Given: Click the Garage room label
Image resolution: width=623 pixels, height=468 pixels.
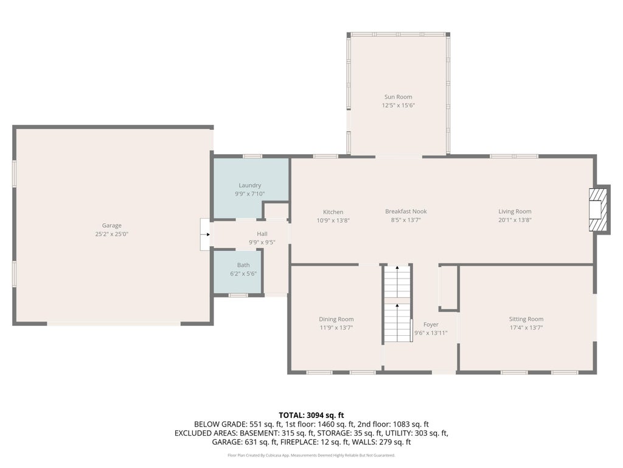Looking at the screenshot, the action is [112, 225].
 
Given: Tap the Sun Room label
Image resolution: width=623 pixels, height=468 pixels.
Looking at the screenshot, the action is [398, 97].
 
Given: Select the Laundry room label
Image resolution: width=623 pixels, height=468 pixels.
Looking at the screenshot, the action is [250, 185].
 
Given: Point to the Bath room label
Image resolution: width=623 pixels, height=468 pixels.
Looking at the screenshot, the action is [243, 265].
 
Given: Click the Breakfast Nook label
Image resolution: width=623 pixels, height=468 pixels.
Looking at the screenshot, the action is [406, 211].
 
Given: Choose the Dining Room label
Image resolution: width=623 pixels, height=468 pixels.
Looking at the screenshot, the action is [336, 319].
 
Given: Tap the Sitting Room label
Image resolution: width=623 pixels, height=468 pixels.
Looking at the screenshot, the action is [526, 319].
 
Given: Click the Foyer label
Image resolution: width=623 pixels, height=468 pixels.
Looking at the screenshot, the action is [431, 325].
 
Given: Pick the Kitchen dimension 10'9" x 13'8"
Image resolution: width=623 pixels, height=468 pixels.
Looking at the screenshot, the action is [333, 221].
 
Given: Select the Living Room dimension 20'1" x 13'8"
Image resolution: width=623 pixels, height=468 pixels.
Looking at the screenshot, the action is [515, 220].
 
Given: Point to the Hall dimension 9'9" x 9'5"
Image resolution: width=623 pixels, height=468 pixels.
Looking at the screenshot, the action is [262, 243].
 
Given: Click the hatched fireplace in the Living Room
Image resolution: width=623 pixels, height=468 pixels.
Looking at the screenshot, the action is [599, 209].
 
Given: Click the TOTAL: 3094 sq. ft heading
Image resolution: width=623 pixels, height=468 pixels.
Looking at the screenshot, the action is [311, 416].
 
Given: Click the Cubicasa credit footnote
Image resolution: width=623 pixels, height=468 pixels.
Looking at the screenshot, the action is [311, 455].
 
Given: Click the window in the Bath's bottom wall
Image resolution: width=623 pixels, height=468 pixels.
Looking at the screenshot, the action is [238, 296].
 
